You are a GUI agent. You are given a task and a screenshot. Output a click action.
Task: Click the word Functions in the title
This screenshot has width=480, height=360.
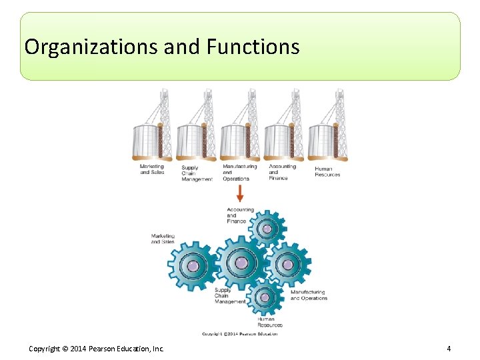253,47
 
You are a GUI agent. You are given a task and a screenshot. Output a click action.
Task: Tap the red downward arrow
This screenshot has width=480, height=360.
240,194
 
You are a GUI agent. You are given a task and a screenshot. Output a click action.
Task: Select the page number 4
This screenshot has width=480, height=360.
449,349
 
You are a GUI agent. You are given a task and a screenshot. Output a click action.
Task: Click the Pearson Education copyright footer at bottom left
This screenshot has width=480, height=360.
96,349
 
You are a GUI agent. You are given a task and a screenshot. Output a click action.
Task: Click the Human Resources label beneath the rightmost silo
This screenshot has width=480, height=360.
327,172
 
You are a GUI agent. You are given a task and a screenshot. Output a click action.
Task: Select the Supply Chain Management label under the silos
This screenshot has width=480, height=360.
197,174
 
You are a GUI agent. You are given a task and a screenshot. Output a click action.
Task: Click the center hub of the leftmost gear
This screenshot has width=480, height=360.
193,266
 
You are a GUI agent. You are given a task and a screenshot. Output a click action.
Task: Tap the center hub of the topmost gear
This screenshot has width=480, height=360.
267,229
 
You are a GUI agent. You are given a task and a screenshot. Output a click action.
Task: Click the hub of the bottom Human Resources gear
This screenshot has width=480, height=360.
265,297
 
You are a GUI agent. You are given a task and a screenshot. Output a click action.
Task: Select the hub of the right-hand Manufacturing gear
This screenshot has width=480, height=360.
287,264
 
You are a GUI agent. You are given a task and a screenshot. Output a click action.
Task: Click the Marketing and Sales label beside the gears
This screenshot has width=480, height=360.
163,239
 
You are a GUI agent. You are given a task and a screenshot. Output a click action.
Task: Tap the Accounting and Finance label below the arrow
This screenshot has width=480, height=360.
240,215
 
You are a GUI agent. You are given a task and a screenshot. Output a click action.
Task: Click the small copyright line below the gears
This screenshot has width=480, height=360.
239,334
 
